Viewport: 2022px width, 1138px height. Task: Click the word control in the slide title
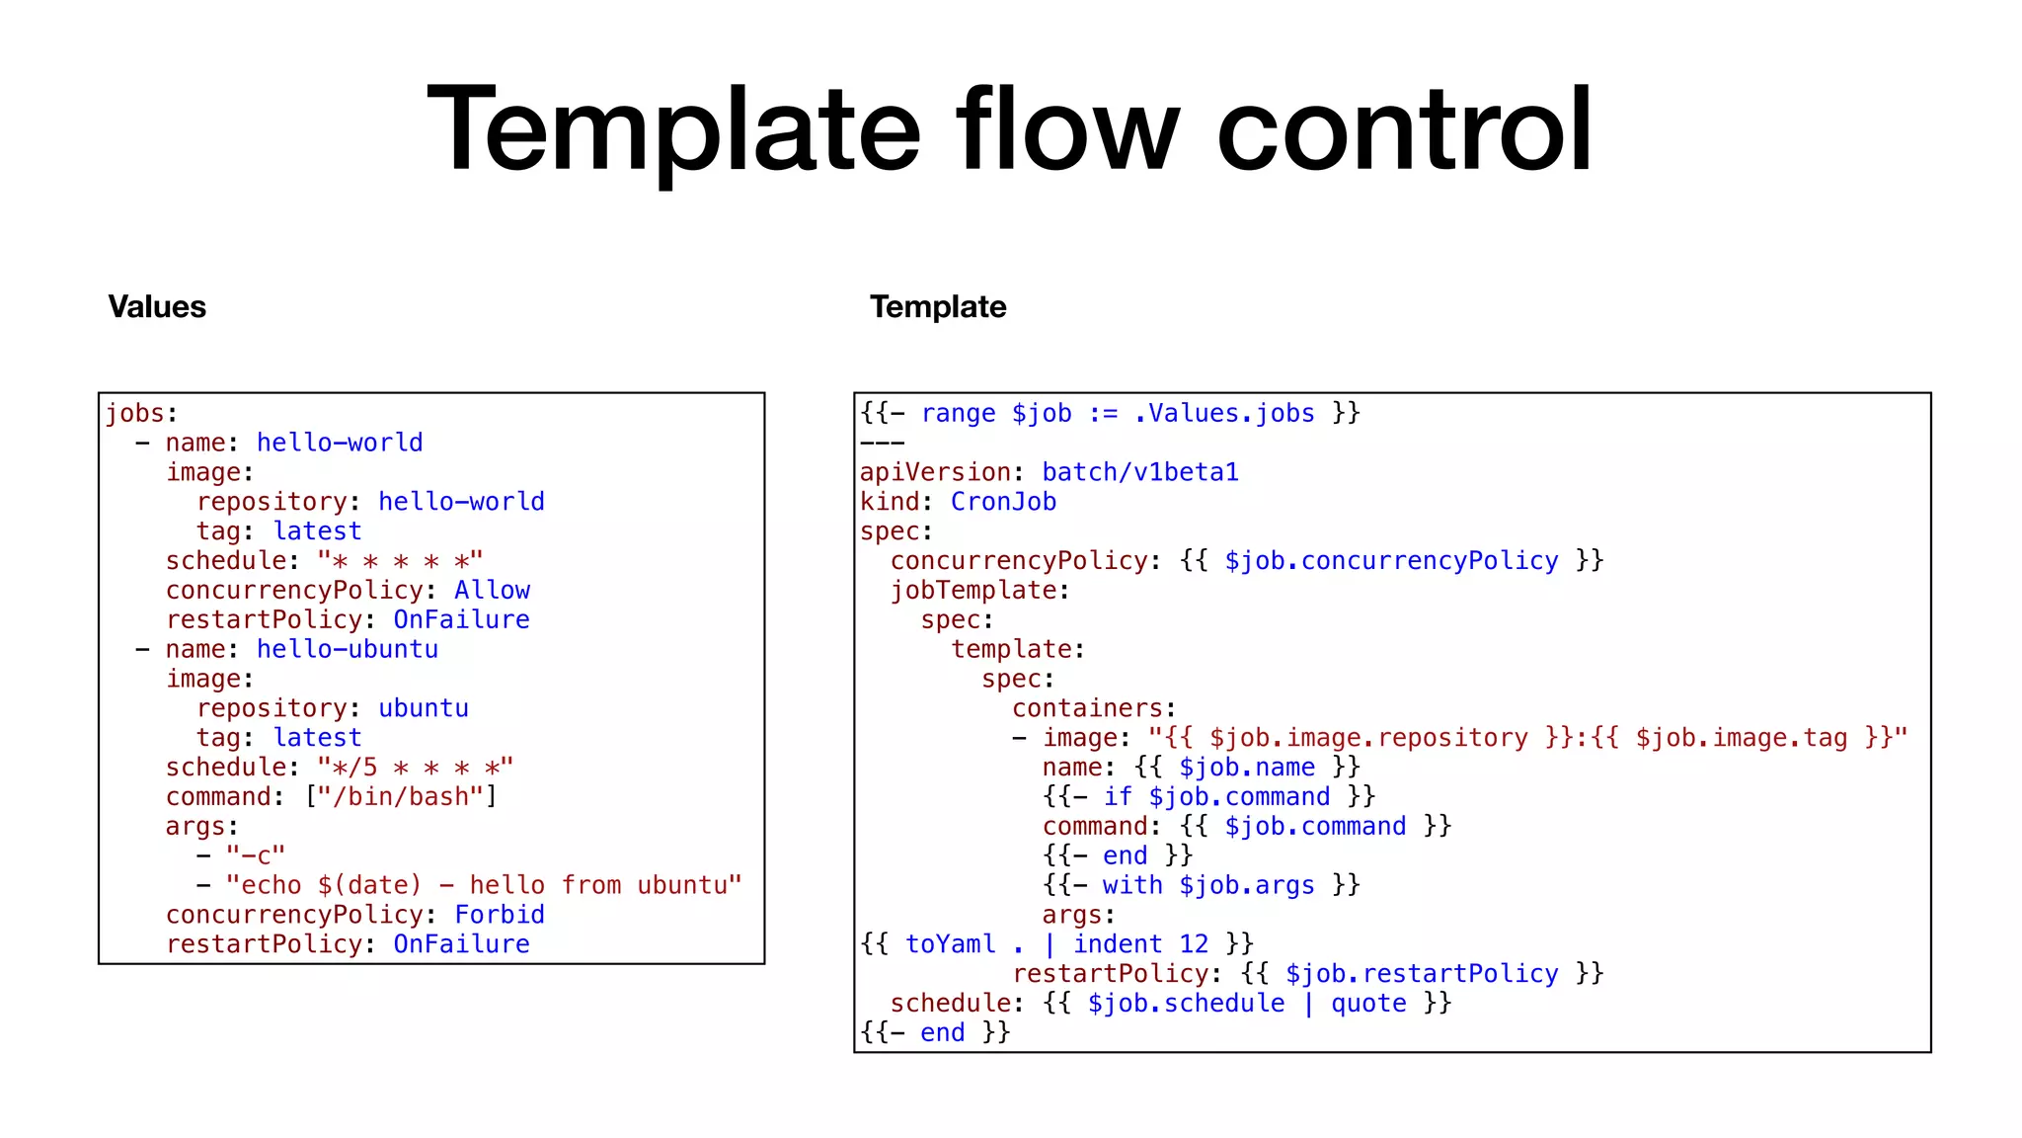[x=1404, y=130]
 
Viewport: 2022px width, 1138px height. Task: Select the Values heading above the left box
[x=157, y=307]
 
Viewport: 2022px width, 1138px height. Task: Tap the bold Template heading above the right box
[x=938, y=307]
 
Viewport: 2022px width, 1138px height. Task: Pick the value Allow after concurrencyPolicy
[x=492, y=590]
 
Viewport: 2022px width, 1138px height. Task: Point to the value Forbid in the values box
[x=499, y=915]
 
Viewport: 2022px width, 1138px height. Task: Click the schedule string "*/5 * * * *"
[x=415, y=768]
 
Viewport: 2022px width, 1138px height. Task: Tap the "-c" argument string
[x=255, y=855]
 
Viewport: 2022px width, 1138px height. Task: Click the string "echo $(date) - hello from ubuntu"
[x=484, y=885]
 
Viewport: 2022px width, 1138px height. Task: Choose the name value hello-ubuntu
[x=347, y=649]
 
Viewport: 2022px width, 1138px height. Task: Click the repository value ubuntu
[x=423, y=708]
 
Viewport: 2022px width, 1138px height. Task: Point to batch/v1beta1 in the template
[x=1140, y=472]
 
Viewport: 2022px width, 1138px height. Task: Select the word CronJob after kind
[x=1003, y=502]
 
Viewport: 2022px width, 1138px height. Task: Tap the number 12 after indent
[x=1193, y=944]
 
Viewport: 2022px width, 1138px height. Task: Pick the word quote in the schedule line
[x=1368, y=1004]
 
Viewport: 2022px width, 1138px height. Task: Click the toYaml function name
[x=950, y=944]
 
